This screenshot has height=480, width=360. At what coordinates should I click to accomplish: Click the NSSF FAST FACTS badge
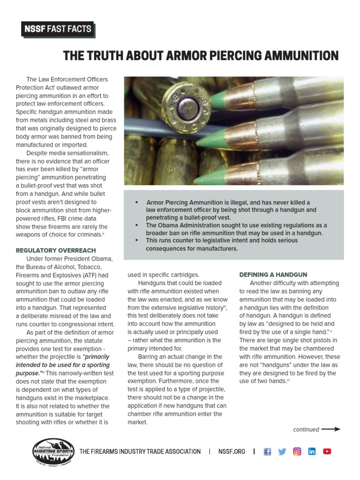(58, 30)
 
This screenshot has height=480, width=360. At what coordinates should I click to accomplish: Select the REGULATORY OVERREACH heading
(55, 250)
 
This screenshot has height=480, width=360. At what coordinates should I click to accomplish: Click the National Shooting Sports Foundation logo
(52, 451)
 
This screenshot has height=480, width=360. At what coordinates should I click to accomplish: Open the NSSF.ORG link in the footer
(232, 451)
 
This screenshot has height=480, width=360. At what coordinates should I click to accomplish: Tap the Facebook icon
(267, 451)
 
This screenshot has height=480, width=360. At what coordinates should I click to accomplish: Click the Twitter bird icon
(282, 451)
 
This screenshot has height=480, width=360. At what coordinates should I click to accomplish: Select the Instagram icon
(297, 451)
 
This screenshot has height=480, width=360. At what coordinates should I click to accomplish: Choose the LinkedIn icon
(312, 451)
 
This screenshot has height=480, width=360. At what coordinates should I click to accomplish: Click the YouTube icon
(327, 451)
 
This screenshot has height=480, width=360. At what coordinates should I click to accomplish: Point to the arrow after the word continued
(331, 429)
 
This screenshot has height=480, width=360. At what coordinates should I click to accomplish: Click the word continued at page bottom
(306, 429)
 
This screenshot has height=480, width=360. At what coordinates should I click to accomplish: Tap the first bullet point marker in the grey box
(136, 202)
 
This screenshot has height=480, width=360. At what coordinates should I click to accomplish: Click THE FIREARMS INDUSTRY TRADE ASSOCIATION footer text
(140, 451)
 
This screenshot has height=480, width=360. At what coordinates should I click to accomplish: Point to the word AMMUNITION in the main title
(298, 56)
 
